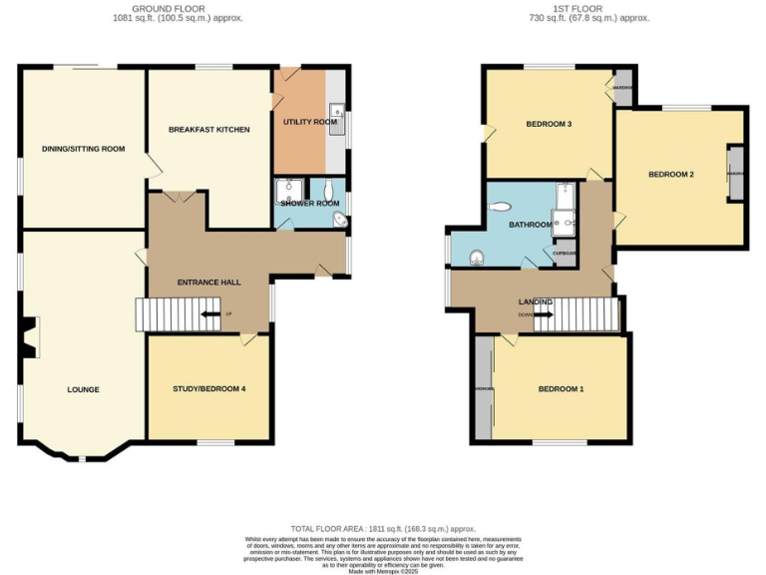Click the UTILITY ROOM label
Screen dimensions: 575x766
tap(310, 122)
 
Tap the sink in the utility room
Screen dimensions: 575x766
tap(338, 111)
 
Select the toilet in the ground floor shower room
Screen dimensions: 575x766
tap(328, 187)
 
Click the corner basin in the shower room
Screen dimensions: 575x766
tap(339, 220)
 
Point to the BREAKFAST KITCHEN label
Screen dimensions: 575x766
tap(208, 130)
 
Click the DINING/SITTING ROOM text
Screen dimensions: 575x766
tap(83, 149)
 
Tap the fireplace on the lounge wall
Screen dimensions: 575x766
tap(27, 337)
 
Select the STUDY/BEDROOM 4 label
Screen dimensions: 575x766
tap(208, 388)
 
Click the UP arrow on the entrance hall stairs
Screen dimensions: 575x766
tap(211, 314)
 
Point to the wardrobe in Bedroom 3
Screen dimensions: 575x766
tap(622, 86)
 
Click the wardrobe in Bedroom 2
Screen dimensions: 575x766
tap(736, 174)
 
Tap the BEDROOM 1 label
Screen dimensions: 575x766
tap(561, 388)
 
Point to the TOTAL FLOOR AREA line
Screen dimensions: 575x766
tap(383, 528)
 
